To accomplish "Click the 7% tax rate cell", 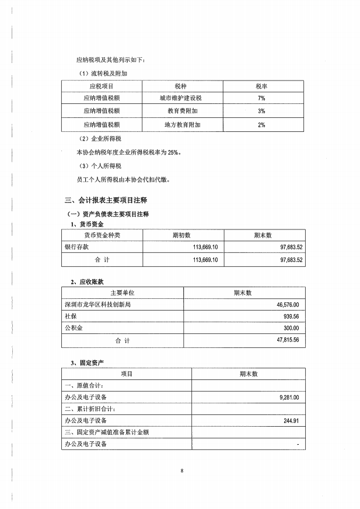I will click(x=261, y=98).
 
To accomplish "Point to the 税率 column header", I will click(x=261, y=86).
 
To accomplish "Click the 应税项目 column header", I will click(x=102, y=86).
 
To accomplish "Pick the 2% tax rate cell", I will click(x=261, y=124).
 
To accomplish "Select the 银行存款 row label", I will click(x=77, y=247).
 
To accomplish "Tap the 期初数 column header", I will click(x=183, y=235).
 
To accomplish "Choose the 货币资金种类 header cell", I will click(x=102, y=235).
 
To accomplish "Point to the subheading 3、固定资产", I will click(x=88, y=362).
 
